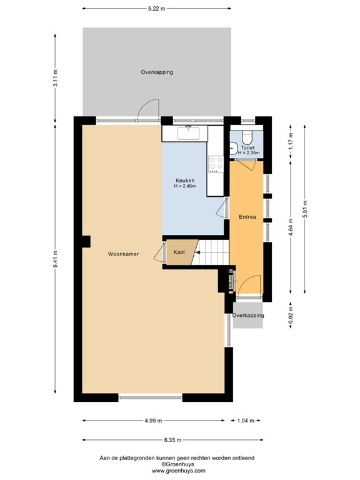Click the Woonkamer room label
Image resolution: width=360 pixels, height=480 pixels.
[123, 254]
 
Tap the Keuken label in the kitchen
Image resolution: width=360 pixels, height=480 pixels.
[184, 180]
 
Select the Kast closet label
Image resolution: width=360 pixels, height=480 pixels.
[179, 252]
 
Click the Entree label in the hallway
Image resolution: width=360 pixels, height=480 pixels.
[247, 217]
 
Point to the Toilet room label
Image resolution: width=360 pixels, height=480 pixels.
[248, 148]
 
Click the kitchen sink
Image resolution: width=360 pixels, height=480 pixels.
[187, 133]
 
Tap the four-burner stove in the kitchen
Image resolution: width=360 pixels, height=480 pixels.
[216, 164]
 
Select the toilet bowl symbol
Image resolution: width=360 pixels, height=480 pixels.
[247, 137]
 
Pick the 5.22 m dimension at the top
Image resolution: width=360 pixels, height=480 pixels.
[157, 9]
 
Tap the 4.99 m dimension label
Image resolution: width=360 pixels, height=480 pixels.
[153, 421]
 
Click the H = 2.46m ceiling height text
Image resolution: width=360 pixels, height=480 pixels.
[185, 186]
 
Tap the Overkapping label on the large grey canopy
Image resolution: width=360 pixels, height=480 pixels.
[157, 72]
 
